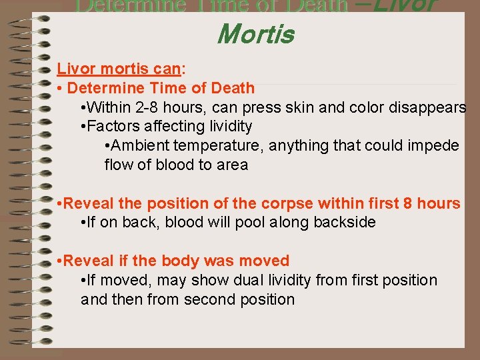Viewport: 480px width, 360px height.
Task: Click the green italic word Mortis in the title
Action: click(255, 33)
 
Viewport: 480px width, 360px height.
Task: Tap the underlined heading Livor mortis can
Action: click(119, 68)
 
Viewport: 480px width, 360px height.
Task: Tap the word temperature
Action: click(217, 145)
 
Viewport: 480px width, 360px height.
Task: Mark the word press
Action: click(271, 107)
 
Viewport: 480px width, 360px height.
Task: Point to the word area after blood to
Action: click(230, 165)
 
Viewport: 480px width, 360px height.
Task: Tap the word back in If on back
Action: click(155, 223)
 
